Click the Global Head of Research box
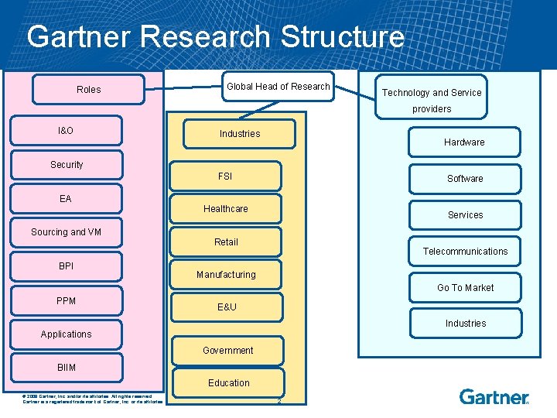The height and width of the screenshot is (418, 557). pos(278,87)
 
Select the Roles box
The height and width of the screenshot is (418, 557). pos(88,90)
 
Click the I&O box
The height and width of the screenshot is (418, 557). pos(66,131)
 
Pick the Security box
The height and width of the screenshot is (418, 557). pos(67,165)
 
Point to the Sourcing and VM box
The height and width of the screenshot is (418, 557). pos(67,232)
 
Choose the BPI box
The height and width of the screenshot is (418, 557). pos(67,266)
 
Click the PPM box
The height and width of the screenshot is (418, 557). pos(67,301)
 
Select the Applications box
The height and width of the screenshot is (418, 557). pos(67,334)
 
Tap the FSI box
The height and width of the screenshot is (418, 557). pos(225,176)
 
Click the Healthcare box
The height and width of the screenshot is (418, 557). pos(226,209)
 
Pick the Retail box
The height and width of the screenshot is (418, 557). pos(226,242)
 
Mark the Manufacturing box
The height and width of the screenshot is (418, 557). pos(226,275)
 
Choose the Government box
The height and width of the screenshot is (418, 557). pos(227,351)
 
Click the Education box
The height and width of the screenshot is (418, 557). pos(228,383)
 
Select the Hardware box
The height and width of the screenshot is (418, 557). pos(464,142)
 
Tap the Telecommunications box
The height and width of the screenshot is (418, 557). pos(465,252)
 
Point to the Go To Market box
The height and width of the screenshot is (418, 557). pos(465,288)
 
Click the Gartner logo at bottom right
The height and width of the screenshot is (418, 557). pos(494,397)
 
